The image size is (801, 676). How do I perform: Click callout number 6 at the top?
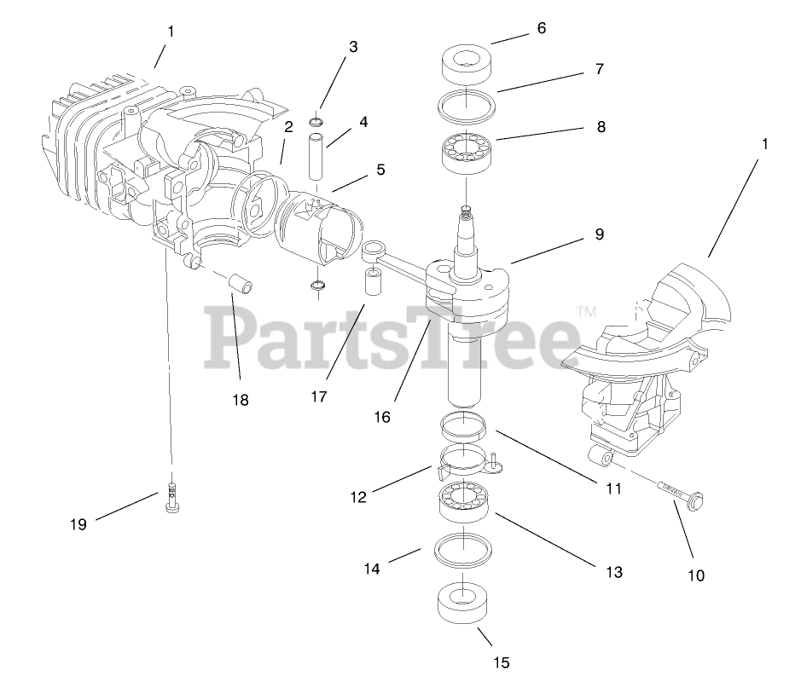[541, 28]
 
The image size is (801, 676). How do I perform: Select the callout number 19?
[78, 524]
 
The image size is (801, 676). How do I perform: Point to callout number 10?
[696, 575]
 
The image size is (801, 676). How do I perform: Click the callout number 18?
[241, 399]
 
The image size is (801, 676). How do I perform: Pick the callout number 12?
[358, 496]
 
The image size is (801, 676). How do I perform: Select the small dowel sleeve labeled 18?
[243, 282]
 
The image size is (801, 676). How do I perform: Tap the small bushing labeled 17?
[372, 285]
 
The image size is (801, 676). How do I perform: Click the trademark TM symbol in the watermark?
[586, 314]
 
